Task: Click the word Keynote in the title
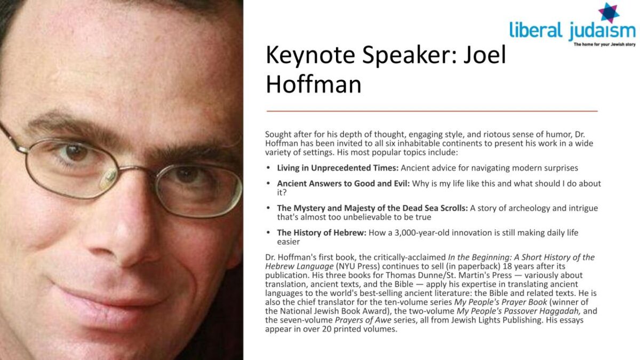310,55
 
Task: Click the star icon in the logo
609,13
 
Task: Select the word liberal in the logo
535,30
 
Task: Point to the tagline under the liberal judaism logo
605,45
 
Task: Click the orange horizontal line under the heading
432,111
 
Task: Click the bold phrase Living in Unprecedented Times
338,168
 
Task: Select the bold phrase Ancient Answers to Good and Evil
343,183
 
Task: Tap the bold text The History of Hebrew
322,233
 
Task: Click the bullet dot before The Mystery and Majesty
268,207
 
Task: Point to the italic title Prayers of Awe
363,320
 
